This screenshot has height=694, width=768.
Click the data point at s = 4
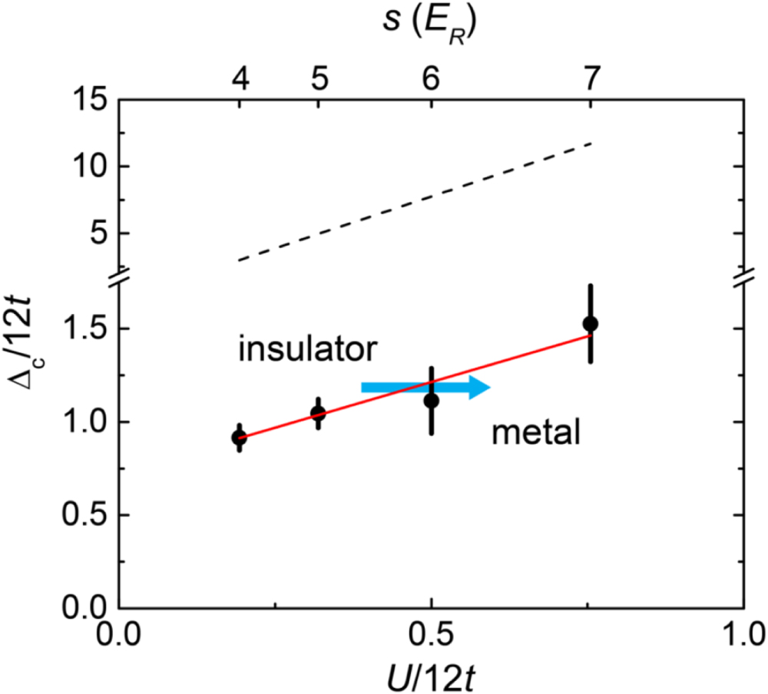(x=240, y=438)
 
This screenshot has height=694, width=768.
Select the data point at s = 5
(x=318, y=413)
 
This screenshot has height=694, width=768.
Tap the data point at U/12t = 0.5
(x=432, y=400)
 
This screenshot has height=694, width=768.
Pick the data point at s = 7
(x=590, y=323)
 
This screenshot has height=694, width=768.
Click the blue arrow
(x=425, y=388)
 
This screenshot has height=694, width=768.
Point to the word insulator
(x=306, y=350)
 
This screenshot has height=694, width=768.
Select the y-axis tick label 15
(x=90, y=100)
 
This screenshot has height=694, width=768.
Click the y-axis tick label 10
(x=90, y=167)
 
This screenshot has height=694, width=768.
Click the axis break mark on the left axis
(x=118, y=279)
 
